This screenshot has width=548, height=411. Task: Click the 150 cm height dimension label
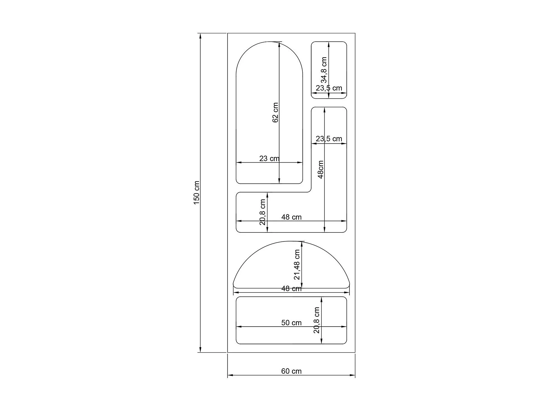point(197,193)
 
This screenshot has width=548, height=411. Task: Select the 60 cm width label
point(291,371)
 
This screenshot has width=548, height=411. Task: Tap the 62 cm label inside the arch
point(275,112)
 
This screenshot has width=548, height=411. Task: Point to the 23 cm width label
point(269,158)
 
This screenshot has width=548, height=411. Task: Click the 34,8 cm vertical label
point(324,70)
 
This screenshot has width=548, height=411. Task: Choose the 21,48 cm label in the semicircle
point(297,264)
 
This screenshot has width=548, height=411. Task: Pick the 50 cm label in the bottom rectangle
point(291,323)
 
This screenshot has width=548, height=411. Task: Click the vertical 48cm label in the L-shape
point(321,169)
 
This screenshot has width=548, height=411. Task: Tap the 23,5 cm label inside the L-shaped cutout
point(329,139)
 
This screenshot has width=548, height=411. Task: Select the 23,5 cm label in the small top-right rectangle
point(329,88)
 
